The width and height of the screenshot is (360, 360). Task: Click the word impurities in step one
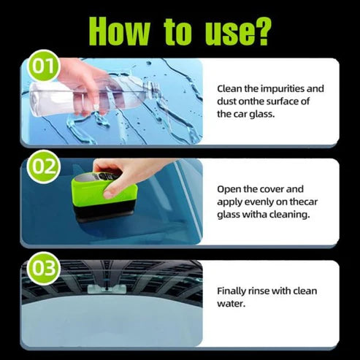coord(286,89)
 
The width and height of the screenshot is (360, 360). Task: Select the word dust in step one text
coord(231,102)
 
